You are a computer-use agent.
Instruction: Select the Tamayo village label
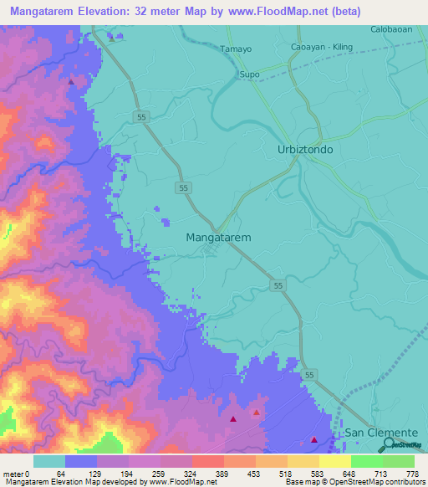tap(236, 49)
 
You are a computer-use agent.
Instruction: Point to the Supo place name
tap(249, 74)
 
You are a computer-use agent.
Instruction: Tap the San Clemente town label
tap(381, 433)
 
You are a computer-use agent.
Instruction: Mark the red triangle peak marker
tap(256, 413)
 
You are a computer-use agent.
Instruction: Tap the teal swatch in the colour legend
tap(49, 461)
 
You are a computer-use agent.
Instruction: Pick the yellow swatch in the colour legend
tap(334, 461)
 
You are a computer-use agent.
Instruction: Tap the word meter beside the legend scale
tap(12, 473)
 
